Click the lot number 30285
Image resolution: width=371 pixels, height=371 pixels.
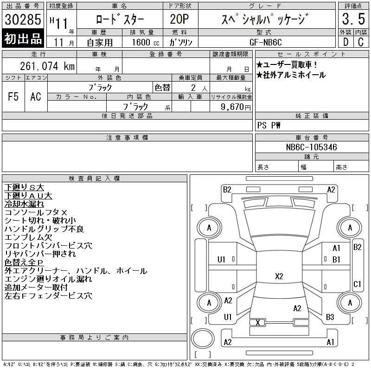[23, 19]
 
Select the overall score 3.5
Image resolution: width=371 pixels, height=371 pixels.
[353, 19]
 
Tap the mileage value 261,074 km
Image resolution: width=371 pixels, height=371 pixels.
[47, 66]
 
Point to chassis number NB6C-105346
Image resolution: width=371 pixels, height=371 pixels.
[311, 147]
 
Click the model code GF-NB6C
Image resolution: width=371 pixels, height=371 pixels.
[266, 42]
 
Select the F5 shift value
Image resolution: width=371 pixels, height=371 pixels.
[13, 96]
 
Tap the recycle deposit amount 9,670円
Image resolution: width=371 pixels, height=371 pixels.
[236, 107]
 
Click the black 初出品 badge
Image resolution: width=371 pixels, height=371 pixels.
[23, 38]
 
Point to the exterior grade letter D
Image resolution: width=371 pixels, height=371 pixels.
[345, 42]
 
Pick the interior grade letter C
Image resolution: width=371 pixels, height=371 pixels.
[361, 42]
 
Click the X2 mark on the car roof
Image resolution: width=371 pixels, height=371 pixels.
[279, 276]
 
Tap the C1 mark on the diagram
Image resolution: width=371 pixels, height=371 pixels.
[357, 284]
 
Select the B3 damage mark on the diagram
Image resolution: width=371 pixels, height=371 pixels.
[330, 317]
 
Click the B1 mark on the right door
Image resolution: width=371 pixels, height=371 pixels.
[336, 260]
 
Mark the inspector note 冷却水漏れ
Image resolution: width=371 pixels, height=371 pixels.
[24, 204]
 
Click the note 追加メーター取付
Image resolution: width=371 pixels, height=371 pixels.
[36, 288]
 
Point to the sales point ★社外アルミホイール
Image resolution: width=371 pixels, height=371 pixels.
[291, 75]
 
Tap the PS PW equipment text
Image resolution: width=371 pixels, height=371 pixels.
[269, 125]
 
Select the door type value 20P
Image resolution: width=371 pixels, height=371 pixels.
[179, 19]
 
